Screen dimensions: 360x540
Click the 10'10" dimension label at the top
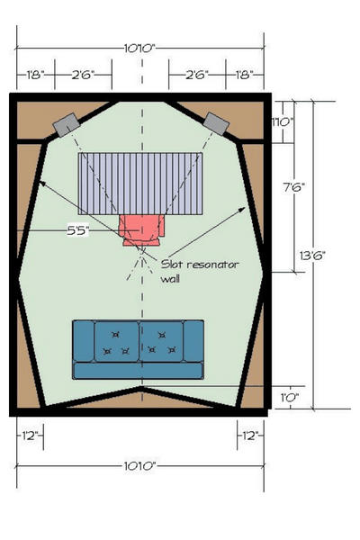pos(139,49)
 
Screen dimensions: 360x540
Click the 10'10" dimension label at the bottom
pos(139,466)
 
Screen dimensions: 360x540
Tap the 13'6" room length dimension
pos(313,256)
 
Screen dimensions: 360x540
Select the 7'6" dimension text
pos(294,187)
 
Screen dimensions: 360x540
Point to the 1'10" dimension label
pos(283,121)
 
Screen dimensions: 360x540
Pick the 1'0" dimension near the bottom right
pos(290,398)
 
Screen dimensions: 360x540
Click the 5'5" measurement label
pos(78,230)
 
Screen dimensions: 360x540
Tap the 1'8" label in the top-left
pos(35,75)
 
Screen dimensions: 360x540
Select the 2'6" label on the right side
pos(197,75)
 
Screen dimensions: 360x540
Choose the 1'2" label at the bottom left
pos(30,436)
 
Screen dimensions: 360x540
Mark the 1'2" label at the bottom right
pos(250,436)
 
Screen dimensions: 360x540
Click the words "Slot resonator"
pos(200,265)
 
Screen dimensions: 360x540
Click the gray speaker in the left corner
pos(67,125)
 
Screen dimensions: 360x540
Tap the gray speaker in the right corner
pos(216,123)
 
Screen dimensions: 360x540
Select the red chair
pos(141,230)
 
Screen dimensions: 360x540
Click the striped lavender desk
pos(140,184)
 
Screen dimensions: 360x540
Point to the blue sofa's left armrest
pos(84,341)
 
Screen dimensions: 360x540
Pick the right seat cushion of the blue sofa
pos(161,341)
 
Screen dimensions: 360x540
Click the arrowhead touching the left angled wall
pos(41,184)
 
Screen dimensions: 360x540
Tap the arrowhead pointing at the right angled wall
pos(242,210)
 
